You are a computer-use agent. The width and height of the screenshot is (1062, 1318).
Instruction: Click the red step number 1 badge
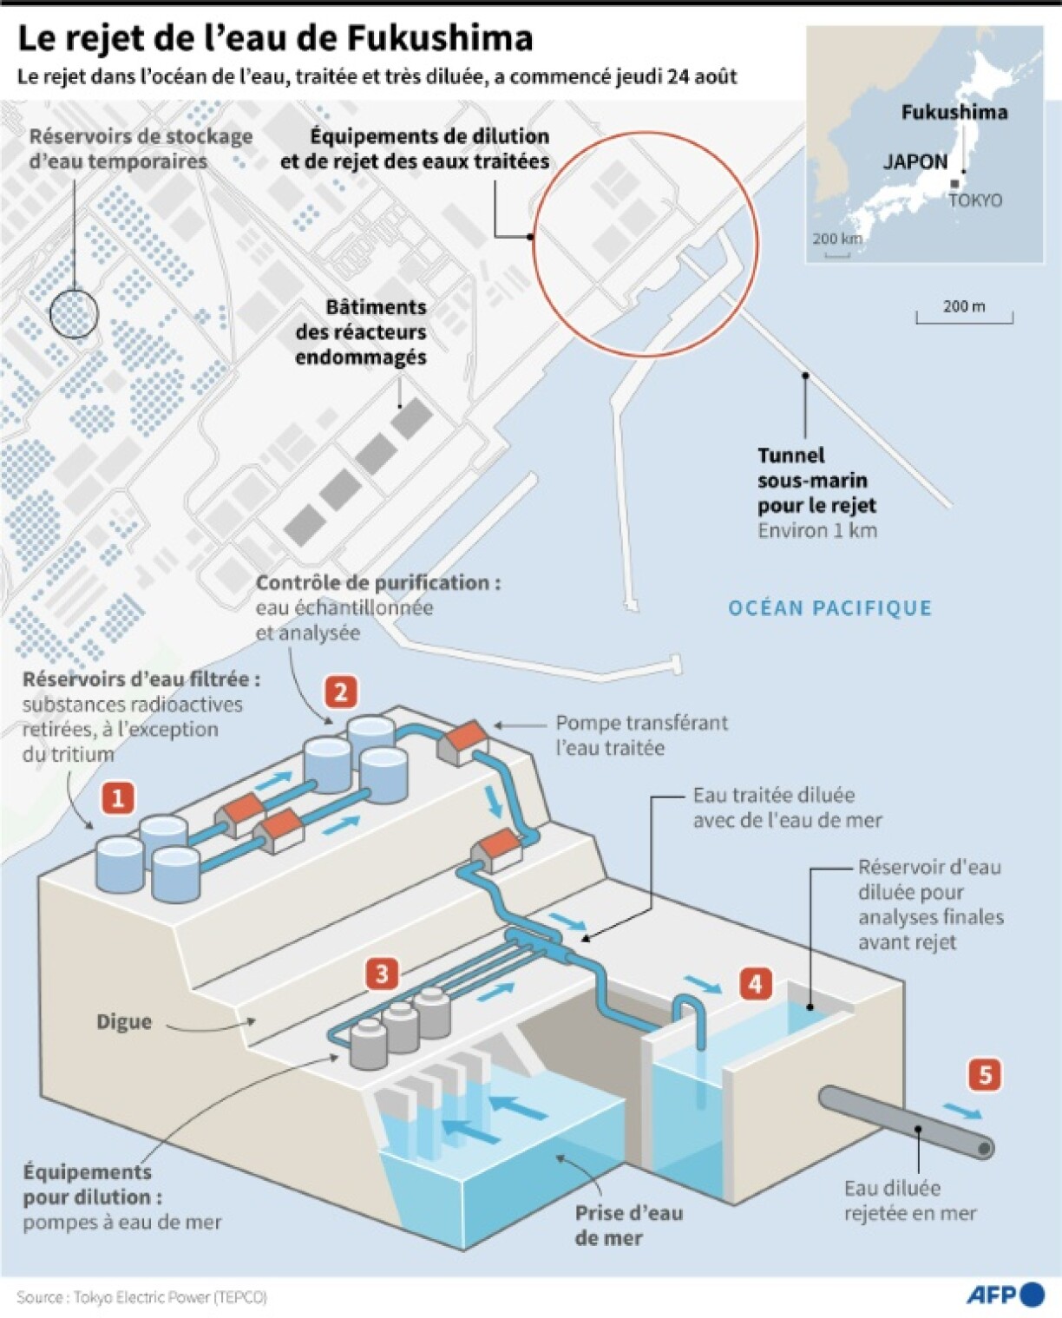pos(117,797)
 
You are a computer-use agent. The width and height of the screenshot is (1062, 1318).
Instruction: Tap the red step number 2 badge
pos(340,692)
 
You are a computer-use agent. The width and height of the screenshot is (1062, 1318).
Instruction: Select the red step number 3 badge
pos(382,974)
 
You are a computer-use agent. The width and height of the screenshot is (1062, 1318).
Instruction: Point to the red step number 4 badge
pos(755,984)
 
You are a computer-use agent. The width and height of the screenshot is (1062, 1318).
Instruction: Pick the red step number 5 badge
pos(985,1075)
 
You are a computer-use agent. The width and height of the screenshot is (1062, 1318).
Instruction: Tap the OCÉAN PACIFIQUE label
pos(829,608)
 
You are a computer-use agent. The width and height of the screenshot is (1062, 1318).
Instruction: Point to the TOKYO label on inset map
pos(975,200)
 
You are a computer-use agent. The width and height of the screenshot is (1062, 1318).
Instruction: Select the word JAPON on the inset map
pos(915,161)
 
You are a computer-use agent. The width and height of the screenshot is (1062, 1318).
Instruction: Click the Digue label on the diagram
pos(124,1022)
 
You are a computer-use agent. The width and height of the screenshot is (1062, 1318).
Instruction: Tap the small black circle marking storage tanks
pos(74,313)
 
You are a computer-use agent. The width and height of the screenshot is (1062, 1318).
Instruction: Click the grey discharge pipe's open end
pos(984,1149)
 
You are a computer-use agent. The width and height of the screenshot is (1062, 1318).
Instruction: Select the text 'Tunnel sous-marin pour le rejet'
pos(816,481)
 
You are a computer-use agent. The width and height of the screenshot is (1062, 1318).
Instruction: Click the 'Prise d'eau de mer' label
pos(628,1225)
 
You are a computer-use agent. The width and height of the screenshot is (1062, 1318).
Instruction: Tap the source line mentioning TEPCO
pos(141,1297)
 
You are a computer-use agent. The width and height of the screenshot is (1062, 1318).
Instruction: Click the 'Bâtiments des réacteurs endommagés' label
pos(362,332)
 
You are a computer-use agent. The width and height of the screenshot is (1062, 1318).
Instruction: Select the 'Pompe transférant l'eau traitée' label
pos(641,735)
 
